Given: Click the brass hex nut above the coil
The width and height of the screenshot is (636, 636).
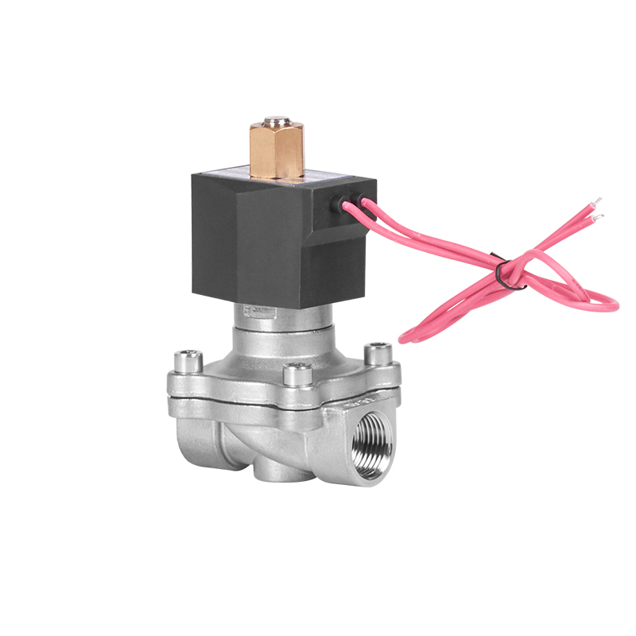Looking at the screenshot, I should [277, 151].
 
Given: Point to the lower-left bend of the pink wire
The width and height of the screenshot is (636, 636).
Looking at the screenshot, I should [405, 337].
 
